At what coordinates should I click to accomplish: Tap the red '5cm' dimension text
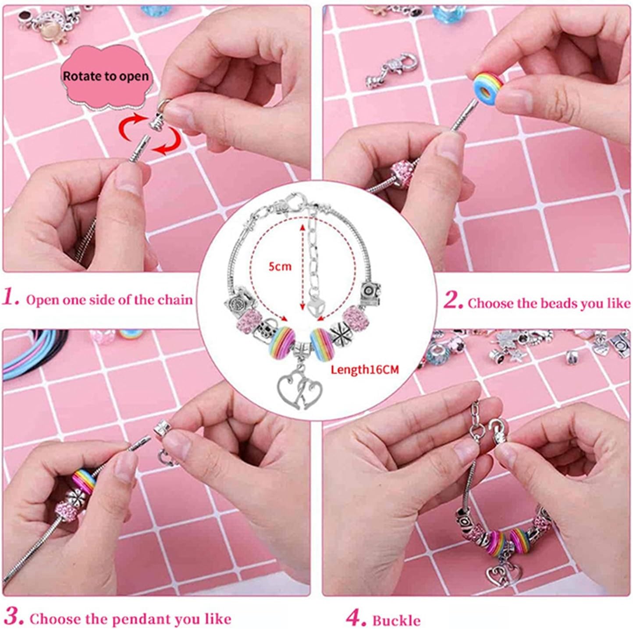(280, 266)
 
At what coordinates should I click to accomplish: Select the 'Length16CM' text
(364, 370)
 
